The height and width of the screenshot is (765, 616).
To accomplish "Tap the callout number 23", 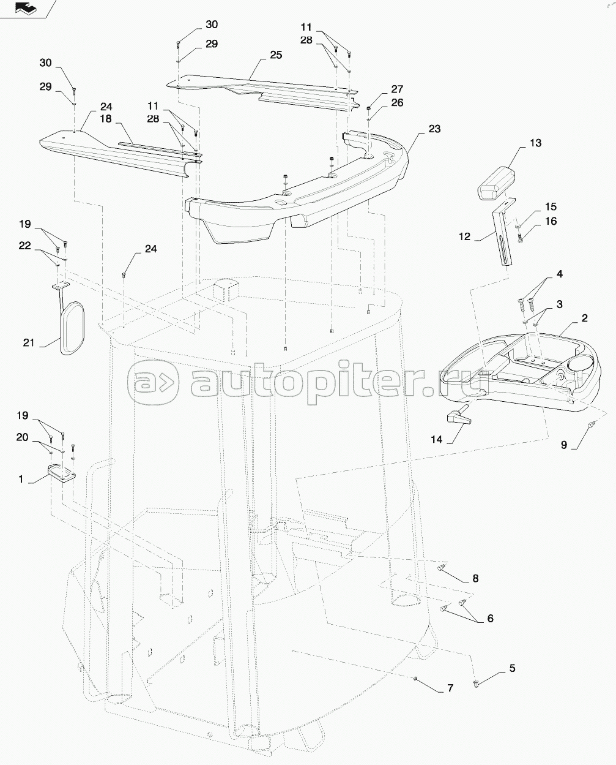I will pyautogui.click(x=434, y=129).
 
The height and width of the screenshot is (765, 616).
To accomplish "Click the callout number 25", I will pyautogui.click(x=275, y=55).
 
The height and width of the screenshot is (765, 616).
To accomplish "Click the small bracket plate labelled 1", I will pyautogui.click(x=61, y=473).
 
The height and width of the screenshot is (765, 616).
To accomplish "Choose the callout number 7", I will pyautogui.click(x=450, y=688).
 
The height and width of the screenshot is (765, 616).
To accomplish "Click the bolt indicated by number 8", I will pyautogui.click(x=442, y=569).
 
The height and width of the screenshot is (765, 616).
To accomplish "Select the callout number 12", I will pyautogui.click(x=465, y=237).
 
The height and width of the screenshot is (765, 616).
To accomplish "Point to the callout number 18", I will pyautogui.click(x=106, y=118).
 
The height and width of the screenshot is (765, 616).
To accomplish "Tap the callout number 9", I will pyautogui.click(x=563, y=445).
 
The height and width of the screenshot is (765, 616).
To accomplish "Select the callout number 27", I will pyautogui.click(x=397, y=89).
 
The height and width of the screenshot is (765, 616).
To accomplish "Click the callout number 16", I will pyautogui.click(x=551, y=221).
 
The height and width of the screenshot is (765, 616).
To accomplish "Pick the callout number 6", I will pyautogui.click(x=490, y=619).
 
